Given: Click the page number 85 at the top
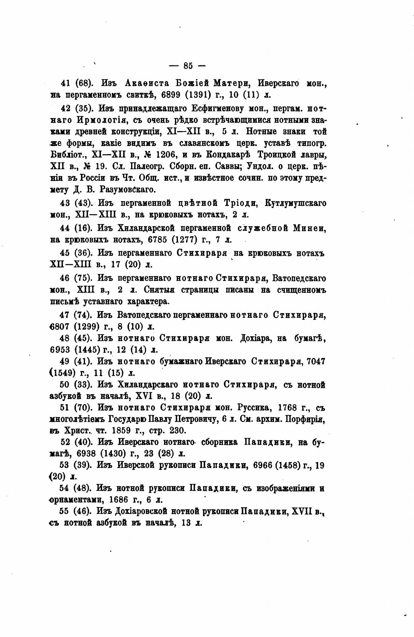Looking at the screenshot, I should [188, 66].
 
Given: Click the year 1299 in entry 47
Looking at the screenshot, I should [87, 326].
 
